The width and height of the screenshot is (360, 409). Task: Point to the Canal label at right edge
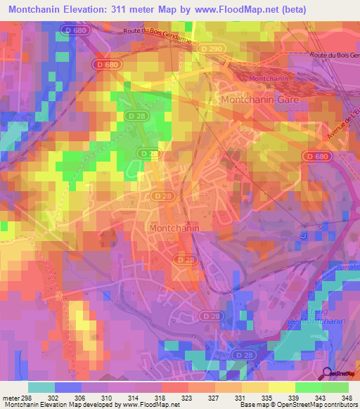350,266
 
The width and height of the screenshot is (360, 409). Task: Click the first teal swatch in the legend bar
41,387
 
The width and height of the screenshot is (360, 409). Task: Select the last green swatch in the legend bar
335,387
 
